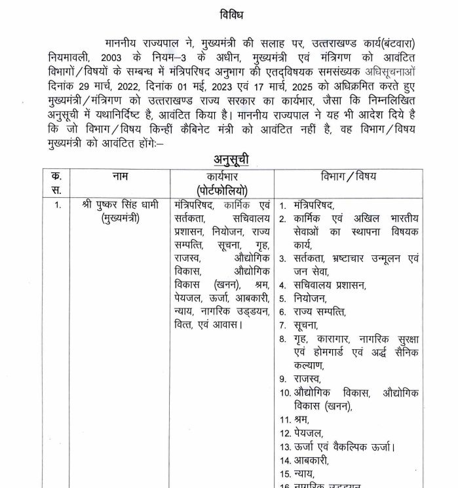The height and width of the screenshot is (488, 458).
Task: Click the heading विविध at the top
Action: click(x=229, y=13)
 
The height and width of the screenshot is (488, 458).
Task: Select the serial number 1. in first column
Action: click(x=58, y=205)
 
